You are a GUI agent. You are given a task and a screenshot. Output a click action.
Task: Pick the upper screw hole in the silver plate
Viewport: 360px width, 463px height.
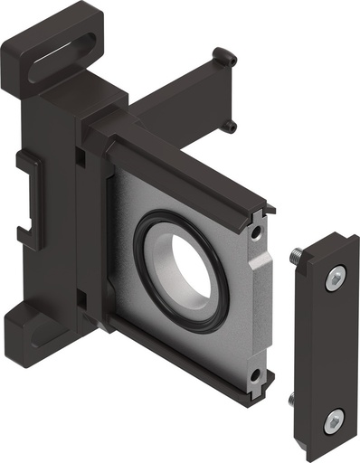[x=260, y=234]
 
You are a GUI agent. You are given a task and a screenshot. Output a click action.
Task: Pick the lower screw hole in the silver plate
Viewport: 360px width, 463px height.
[x=256, y=373]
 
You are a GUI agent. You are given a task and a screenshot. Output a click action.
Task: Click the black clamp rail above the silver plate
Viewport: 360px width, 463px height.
[x=181, y=167]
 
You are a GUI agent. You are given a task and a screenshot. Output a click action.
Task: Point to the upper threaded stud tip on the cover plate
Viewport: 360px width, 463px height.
[x=296, y=260]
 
